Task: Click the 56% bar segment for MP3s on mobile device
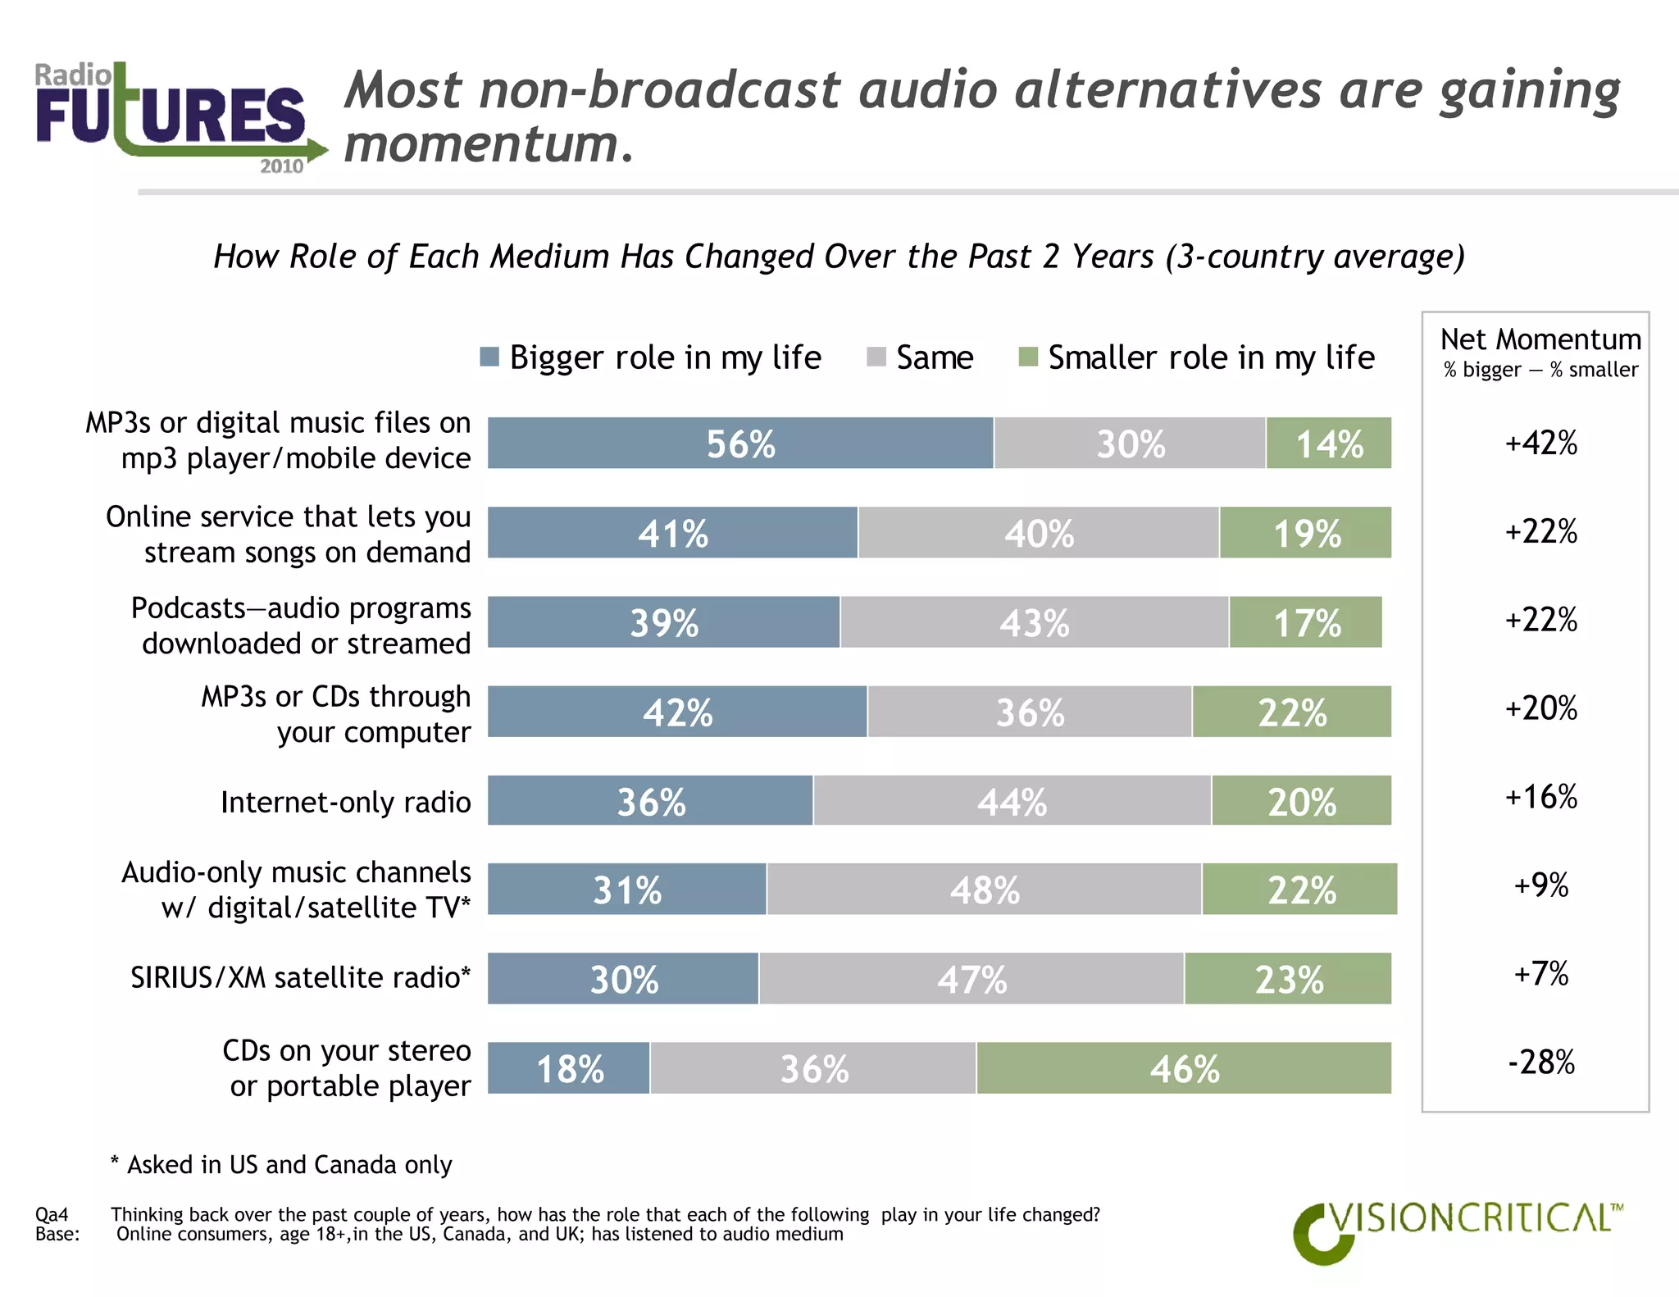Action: (740, 444)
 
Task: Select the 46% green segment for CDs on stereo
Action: (1184, 1068)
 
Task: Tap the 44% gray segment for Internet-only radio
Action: (1012, 801)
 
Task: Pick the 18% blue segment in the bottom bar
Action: (569, 1068)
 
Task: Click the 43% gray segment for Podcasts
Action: (1034, 623)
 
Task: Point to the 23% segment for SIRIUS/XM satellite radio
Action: (1288, 979)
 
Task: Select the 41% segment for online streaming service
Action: (672, 533)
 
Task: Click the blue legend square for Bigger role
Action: (489, 357)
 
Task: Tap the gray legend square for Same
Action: (876, 357)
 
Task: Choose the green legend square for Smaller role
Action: (1028, 357)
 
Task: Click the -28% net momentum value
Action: (1540, 1063)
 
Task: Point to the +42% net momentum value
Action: (1540, 444)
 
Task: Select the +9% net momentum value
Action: (1540, 885)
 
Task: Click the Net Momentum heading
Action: (1540, 339)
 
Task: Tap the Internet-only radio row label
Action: (345, 802)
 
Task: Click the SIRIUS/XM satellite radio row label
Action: (300, 978)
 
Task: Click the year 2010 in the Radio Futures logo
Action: (281, 166)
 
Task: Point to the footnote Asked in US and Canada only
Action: (281, 1165)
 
